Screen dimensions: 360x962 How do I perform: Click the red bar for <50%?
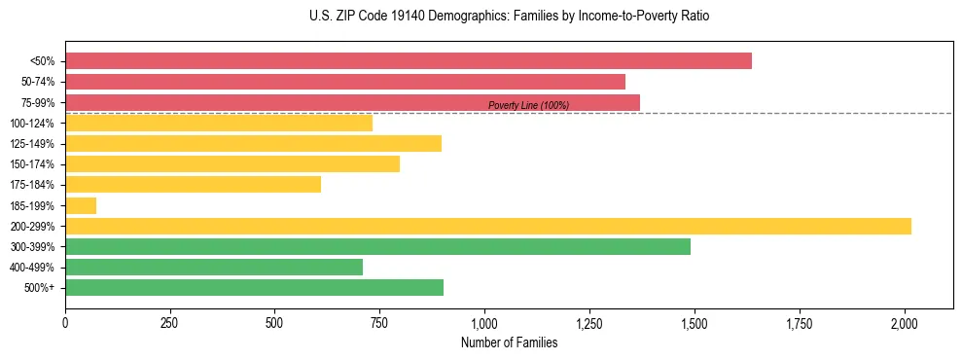pyautogui.click(x=409, y=61)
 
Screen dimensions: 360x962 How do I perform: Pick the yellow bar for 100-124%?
pyautogui.click(x=219, y=123)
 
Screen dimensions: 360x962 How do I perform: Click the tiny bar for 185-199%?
pyautogui.click(x=81, y=205)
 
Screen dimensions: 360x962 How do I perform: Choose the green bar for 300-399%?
pyautogui.click(x=377, y=246)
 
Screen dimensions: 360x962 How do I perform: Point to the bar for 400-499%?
pyautogui.click(x=214, y=267)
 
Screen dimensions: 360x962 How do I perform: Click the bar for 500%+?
pyautogui.click(x=254, y=287)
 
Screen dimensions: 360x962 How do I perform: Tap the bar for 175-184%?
pyautogui.click(x=193, y=185)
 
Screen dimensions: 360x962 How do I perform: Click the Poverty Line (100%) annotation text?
pyautogui.click(x=528, y=105)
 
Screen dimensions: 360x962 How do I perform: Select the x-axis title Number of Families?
pyautogui.click(x=509, y=342)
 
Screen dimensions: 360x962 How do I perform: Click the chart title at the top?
pyautogui.click(x=509, y=17)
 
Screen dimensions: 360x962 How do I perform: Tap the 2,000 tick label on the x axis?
pyautogui.click(x=905, y=323)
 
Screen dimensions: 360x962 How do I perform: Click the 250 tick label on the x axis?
pyautogui.click(x=170, y=323)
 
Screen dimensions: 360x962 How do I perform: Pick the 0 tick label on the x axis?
pyautogui.click(x=65, y=323)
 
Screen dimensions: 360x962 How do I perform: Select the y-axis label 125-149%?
pyautogui.click(x=32, y=144)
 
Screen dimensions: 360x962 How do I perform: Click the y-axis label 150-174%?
pyautogui.click(x=32, y=164)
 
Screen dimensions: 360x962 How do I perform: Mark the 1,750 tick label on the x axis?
pyautogui.click(x=800, y=323)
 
